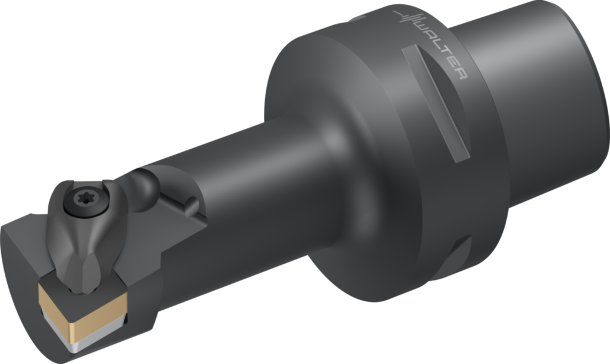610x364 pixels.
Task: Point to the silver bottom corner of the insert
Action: (77, 346)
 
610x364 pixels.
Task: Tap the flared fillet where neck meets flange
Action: (328, 197)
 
